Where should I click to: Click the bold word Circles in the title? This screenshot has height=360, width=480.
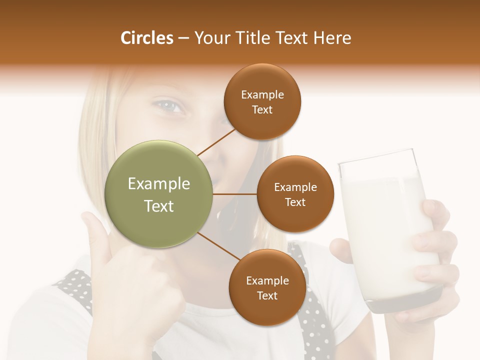coord(146,38)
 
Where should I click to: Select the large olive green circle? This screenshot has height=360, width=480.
coord(159,194)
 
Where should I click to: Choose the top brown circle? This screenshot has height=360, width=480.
coord(262,101)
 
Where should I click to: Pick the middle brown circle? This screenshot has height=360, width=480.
coord(295,194)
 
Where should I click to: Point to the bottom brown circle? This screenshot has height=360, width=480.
coord(267,287)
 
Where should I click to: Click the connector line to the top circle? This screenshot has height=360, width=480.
coord(216,141)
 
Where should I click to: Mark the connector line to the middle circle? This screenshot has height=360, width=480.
coord(235,194)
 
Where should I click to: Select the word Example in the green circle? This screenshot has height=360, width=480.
coord(159,184)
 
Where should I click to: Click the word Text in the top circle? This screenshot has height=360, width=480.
coord(262,109)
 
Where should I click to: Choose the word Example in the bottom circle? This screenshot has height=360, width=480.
coord(267,280)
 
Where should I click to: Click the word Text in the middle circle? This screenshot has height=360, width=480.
coord(295,202)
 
